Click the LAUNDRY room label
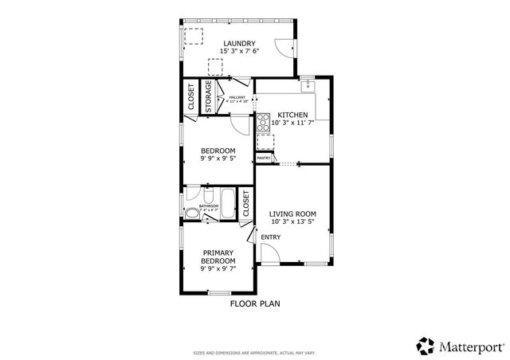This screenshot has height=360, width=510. coord(238,43)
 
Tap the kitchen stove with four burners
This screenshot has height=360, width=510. coord(261,122)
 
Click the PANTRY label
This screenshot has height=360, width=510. coord(264,158)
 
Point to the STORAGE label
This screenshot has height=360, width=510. coord(208,97)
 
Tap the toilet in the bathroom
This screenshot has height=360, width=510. coord(190,212)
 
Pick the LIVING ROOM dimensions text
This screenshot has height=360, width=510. coord(292,223)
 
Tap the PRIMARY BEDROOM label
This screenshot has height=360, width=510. coord(218,257)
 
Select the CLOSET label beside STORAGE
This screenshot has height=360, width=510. coord(191,97)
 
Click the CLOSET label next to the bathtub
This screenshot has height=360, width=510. coord(246,204)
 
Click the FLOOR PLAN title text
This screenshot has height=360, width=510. coord(255,303)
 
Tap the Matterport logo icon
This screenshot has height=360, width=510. coord(426,345)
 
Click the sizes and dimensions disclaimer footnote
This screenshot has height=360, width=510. coord(254,351)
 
